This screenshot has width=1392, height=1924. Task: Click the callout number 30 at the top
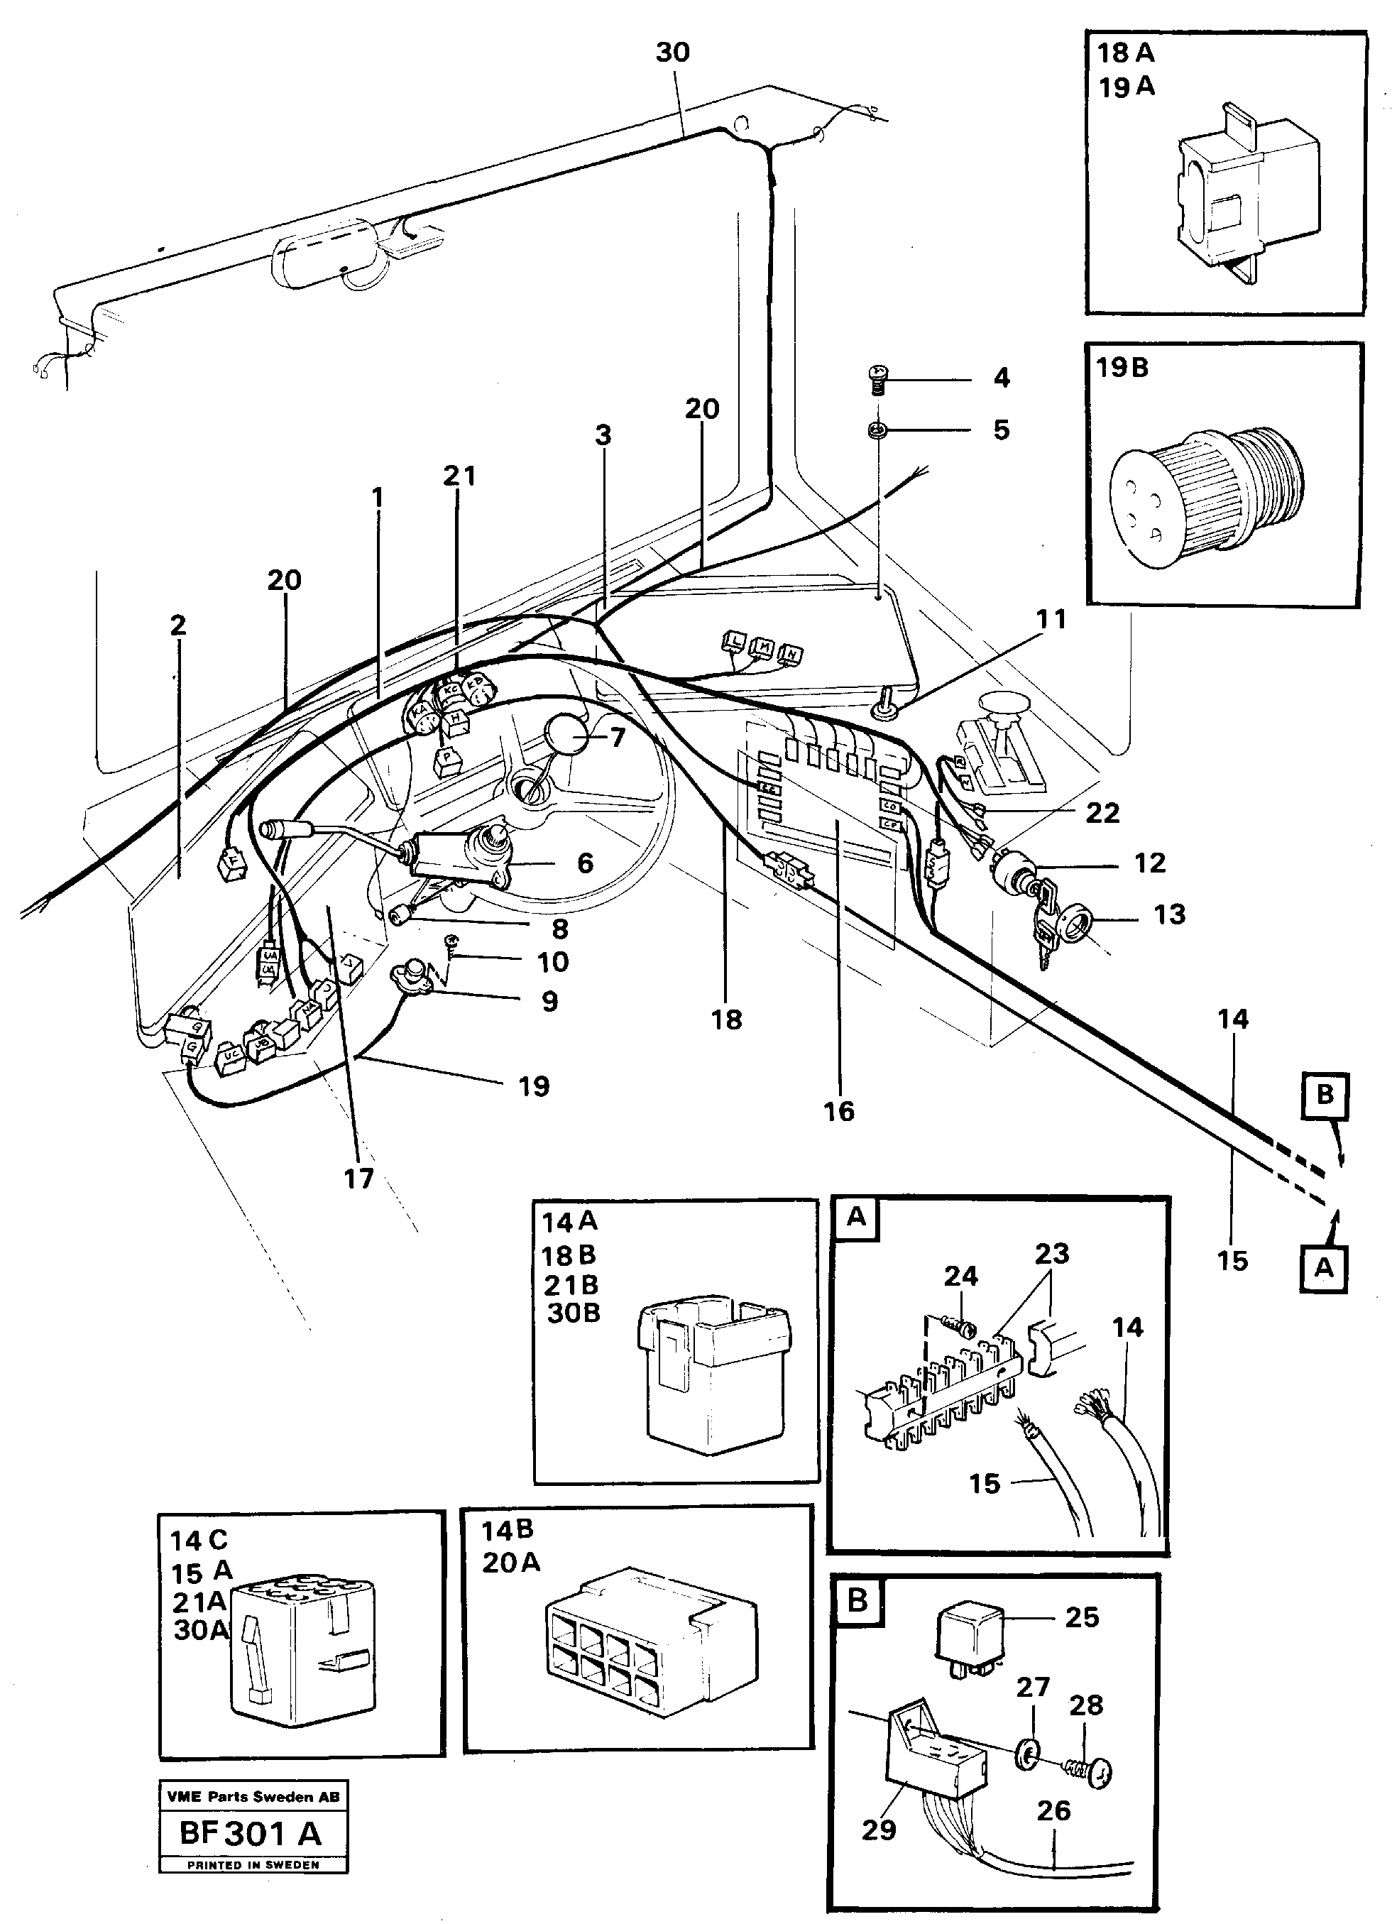(x=673, y=53)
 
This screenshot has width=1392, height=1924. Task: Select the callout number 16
(x=839, y=1111)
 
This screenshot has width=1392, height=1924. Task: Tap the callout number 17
(x=358, y=1179)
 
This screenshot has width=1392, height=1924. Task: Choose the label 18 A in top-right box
(x=1126, y=53)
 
